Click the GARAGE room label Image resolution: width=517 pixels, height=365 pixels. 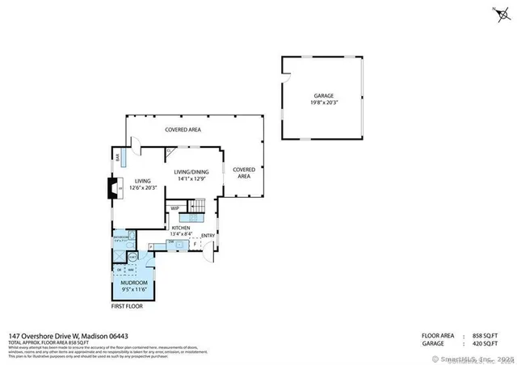pyautogui.click(x=322, y=95)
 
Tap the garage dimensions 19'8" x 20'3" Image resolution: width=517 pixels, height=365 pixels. pyautogui.click(x=322, y=103)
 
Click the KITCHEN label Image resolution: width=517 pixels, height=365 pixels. pyautogui.click(x=180, y=228)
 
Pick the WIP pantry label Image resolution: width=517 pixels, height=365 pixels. pyautogui.click(x=174, y=208)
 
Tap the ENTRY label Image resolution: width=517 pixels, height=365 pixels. pyautogui.click(x=208, y=236)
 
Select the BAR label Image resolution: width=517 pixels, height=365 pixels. pyautogui.click(x=119, y=159)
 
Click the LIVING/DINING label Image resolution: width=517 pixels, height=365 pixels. pyautogui.click(x=192, y=170)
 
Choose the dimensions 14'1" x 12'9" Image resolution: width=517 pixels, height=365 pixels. pyautogui.click(x=192, y=178)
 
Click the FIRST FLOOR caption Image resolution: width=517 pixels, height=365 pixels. pyautogui.click(x=126, y=307)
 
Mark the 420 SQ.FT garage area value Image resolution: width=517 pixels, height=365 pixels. pyautogui.click(x=489, y=342)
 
